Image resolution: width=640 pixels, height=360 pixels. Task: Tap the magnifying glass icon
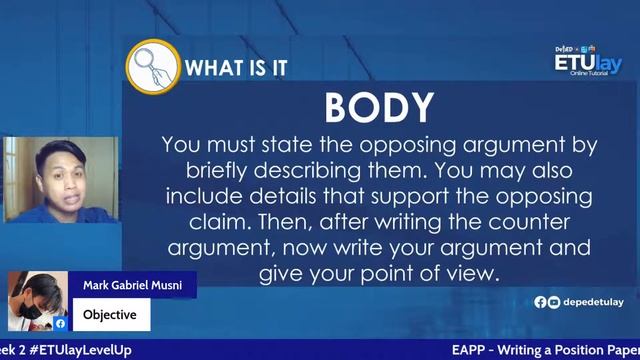[x=151, y=66]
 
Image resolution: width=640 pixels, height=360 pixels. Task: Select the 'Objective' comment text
[x=110, y=315]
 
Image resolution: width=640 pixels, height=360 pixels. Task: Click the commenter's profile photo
[x=37, y=300]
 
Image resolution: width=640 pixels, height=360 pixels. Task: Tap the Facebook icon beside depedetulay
[x=541, y=302]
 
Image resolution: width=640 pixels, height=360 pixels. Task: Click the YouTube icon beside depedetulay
[x=554, y=302]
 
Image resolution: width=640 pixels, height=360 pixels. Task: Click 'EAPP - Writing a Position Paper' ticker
[x=545, y=350]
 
